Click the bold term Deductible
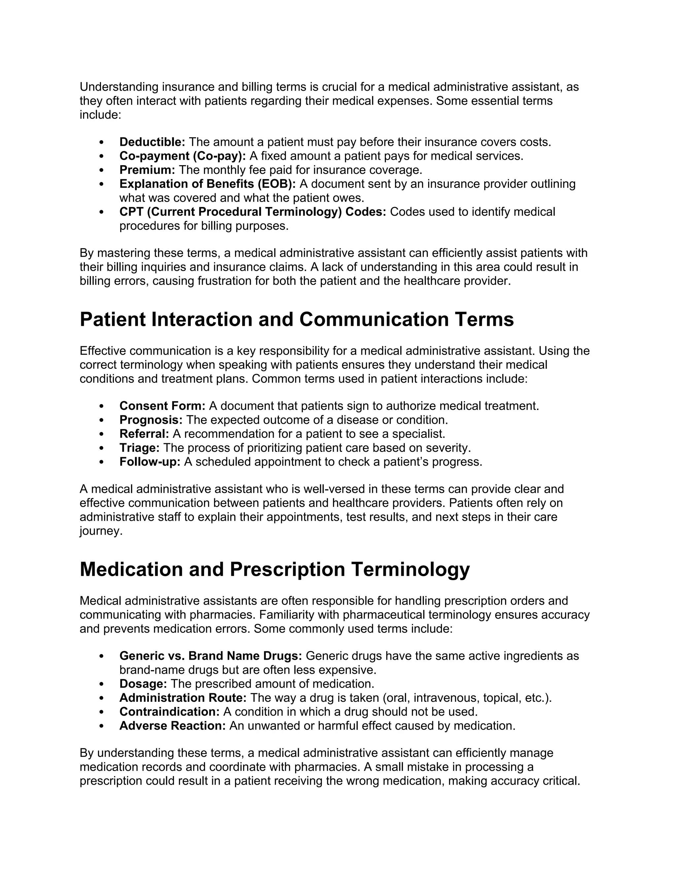(x=152, y=142)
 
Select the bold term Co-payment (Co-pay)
(x=182, y=156)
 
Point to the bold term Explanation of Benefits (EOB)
(x=207, y=184)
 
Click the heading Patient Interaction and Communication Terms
(x=296, y=319)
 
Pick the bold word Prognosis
(x=151, y=420)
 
